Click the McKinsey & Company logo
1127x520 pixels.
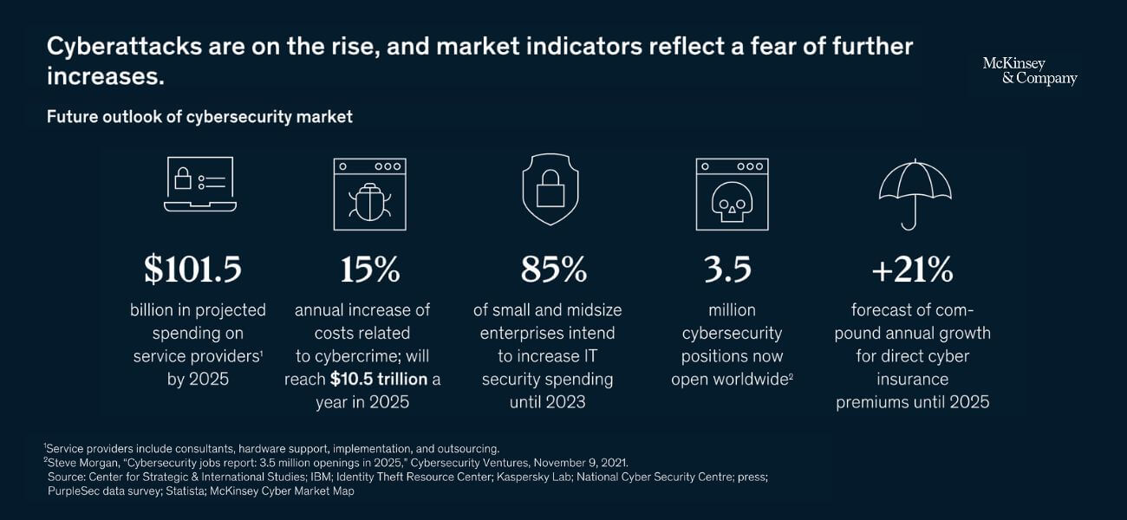pos(1030,71)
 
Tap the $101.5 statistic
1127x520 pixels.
pos(193,270)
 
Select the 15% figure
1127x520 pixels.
pos(369,270)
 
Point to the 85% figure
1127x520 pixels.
pos(554,270)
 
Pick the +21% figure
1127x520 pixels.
pos(913,270)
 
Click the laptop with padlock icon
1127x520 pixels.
pos(199,184)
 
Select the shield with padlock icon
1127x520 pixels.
pos(550,190)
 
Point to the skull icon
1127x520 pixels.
pos(732,199)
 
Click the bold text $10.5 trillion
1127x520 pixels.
pos(380,379)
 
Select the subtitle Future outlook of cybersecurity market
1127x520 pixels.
pos(199,116)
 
